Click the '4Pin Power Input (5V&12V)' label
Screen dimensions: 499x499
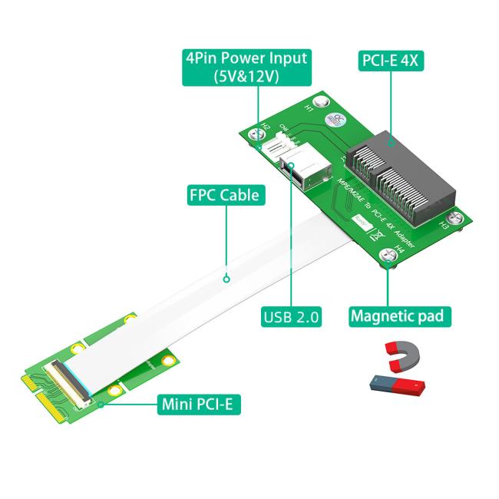coord(246,68)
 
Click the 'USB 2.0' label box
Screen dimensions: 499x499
coord(292,316)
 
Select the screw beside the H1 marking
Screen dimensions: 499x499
coord(323,101)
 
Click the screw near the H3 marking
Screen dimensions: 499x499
coord(458,217)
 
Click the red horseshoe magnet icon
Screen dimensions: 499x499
coord(399,354)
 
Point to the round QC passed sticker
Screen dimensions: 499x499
coord(335,120)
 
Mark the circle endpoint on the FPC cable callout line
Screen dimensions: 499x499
coord(226,279)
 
